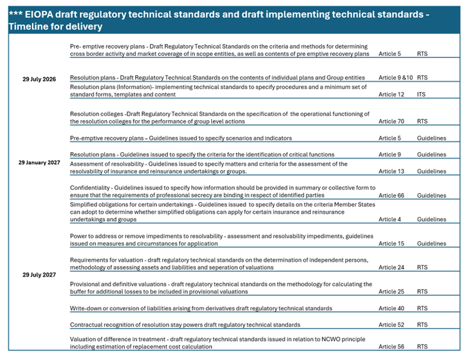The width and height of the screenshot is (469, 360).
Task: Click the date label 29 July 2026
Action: (x=39, y=79)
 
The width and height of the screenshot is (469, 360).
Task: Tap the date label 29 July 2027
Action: (x=39, y=274)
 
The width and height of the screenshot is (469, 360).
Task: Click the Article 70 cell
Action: (x=391, y=121)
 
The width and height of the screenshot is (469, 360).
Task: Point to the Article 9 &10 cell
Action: (x=395, y=78)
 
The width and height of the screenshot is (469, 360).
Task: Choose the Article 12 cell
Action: (x=391, y=94)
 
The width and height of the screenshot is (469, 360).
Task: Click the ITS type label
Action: (x=421, y=94)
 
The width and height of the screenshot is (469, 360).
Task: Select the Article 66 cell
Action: (x=391, y=195)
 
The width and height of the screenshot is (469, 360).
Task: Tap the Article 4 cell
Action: (x=389, y=219)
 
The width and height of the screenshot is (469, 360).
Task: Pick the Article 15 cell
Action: (x=391, y=244)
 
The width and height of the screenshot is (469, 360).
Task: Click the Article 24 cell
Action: (x=391, y=267)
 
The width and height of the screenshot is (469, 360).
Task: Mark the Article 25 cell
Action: (x=391, y=292)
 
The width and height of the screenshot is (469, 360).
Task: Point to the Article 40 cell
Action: (x=391, y=308)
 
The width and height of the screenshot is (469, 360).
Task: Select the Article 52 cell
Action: (x=391, y=325)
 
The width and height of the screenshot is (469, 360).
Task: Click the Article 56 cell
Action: (x=391, y=346)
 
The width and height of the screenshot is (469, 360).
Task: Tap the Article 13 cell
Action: (x=391, y=172)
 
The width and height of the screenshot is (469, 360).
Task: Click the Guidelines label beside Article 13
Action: (x=431, y=172)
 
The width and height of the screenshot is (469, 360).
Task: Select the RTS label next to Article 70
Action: (x=422, y=121)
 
